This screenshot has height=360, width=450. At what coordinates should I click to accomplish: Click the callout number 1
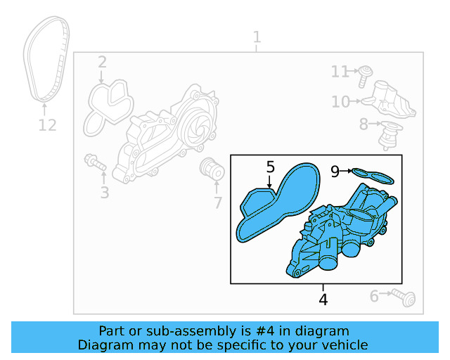(x=257, y=37)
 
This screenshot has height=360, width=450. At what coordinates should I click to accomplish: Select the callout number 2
(x=102, y=63)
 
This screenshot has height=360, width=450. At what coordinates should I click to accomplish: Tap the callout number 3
(x=104, y=192)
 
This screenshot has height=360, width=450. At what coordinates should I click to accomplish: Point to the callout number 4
(x=323, y=300)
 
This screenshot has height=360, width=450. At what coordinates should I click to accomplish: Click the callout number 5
(x=271, y=167)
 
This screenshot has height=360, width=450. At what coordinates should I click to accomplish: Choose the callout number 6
(x=374, y=297)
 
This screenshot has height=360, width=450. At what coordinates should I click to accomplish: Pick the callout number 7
(x=217, y=203)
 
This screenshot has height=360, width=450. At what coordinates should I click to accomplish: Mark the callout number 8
(x=364, y=124)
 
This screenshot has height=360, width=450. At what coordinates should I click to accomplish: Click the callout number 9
(x=335, y=170)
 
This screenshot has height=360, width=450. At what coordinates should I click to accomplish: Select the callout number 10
(x=340, y=103)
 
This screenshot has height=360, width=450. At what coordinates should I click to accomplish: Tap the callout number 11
(x=340, y=72)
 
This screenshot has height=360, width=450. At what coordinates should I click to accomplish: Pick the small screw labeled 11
(x=365, y=73)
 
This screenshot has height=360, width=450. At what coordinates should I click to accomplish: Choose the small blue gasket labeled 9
(x=373, y=173)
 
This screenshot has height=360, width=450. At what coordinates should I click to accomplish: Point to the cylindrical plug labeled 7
(x=211, y=169)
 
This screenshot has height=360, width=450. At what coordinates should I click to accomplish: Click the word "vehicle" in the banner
(x=343, y=345)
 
